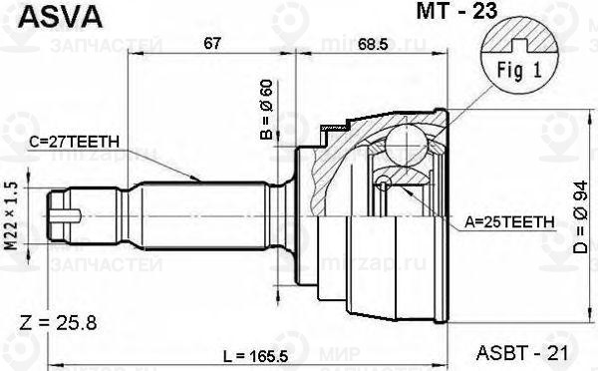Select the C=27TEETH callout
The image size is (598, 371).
pos(72,142)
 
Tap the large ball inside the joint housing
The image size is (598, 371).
pos(408,141)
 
